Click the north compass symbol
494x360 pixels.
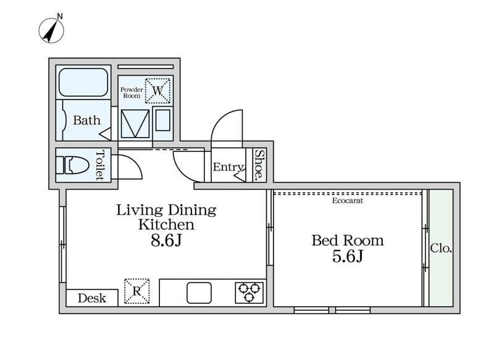pos(51,30)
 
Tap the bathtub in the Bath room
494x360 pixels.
pos(83,82)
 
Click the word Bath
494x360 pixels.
pos(86,120)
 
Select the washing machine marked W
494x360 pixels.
pos(157,91)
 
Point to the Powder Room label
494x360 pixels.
pos(132,93)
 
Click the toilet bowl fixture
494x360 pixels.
pos(72,165)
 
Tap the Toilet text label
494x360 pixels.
pos(99,165)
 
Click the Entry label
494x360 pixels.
pos(228,167)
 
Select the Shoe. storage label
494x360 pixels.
pos(259,165)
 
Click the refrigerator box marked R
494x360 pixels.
pos(136,291)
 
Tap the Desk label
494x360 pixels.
pos(92,298)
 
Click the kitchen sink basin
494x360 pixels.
pos(199,293)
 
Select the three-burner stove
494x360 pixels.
pos(249,293)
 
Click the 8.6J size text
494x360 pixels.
pos(166,241)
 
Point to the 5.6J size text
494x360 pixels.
pos(348,256)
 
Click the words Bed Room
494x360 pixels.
pos(348,241)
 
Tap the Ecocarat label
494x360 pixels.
pos(348,201)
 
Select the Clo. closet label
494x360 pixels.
pos(441,248)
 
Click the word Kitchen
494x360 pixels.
pos(166,225)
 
